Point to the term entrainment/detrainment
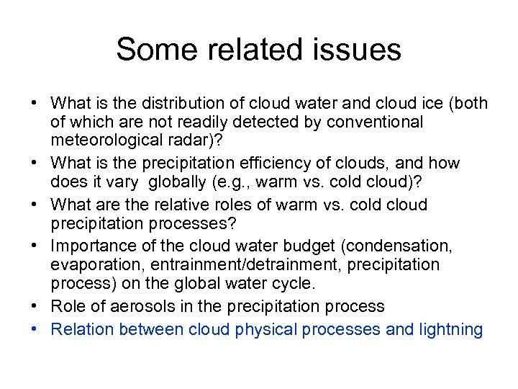(245, 266)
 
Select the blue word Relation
(82, 329)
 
